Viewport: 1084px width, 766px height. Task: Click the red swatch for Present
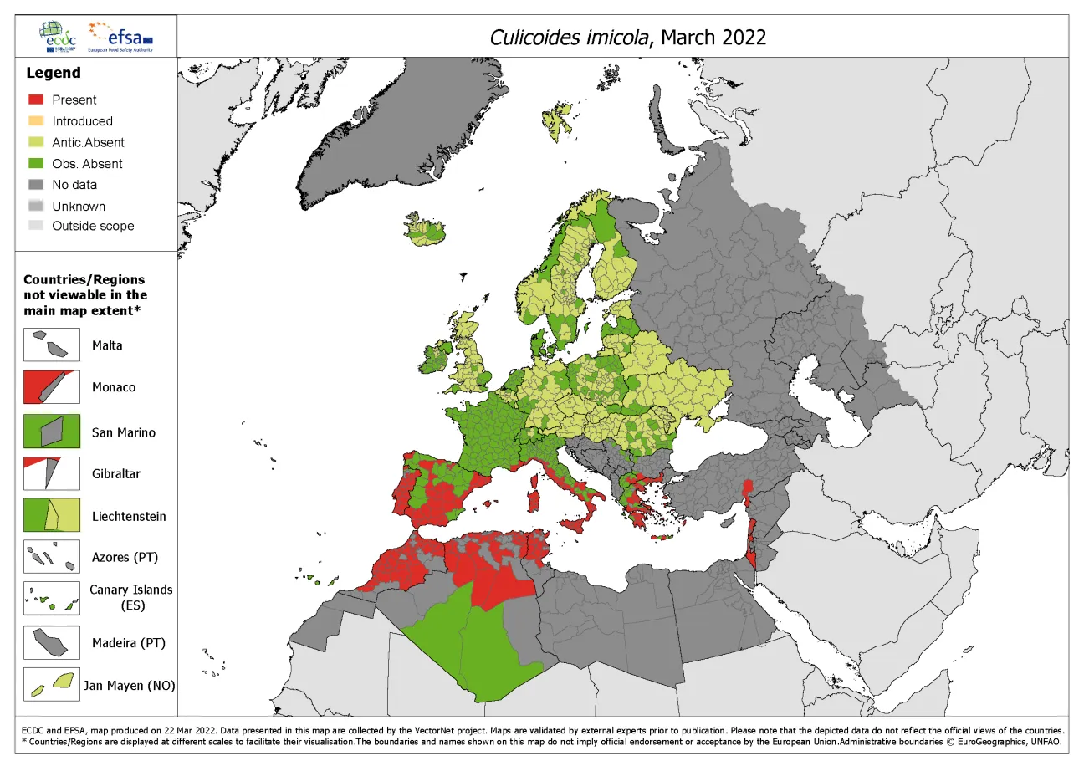coord(35,100)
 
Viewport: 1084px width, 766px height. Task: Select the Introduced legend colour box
coord(35,121)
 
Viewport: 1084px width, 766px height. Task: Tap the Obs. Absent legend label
coord(87,164)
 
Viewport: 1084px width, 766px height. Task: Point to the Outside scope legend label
coord(93,226)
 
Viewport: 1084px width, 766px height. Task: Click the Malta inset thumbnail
coord(52,345)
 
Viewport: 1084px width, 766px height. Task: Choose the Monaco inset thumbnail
coord(52,387)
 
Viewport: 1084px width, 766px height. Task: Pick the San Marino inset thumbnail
coord(52,432)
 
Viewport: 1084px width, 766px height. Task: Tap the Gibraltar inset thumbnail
coord(52,473)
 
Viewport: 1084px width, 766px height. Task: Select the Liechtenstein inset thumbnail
coord(52,516)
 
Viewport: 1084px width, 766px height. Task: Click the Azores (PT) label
coord(125,557)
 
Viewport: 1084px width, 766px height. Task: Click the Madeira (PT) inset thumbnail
coord(52,642)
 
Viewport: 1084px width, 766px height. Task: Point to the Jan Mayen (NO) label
coord(130,687)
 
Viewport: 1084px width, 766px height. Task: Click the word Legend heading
coord(54,73)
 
